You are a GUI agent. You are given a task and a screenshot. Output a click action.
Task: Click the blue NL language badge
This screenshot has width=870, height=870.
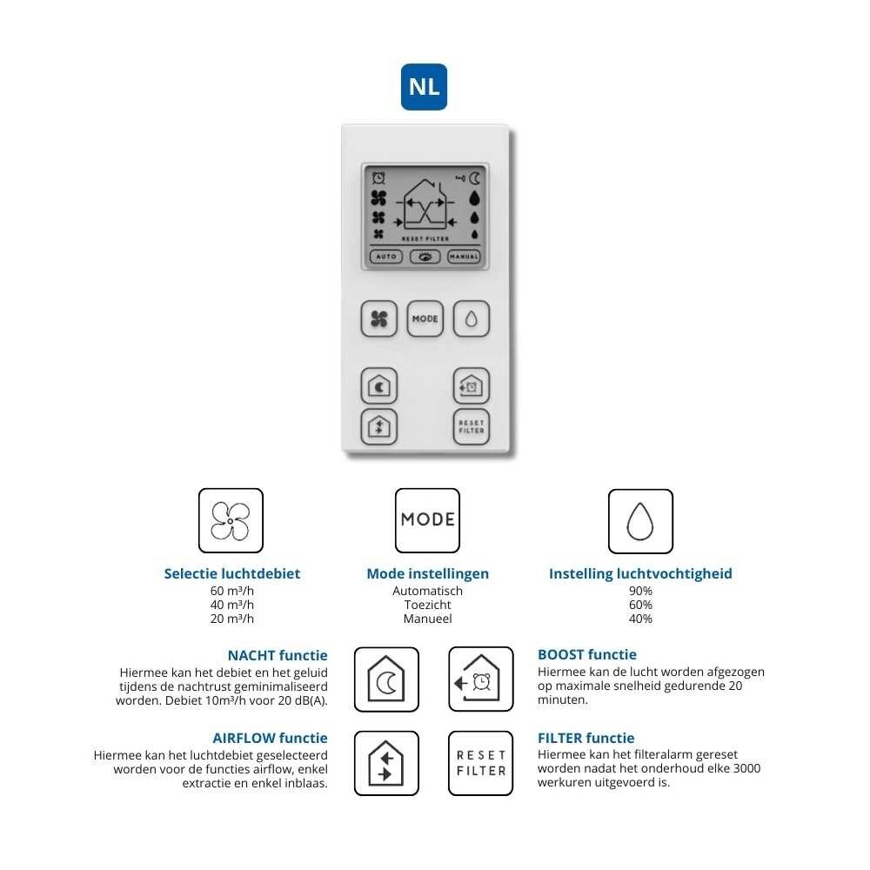click(424, 87)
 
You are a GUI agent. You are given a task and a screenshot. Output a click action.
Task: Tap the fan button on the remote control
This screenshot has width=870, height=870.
click(378, 319)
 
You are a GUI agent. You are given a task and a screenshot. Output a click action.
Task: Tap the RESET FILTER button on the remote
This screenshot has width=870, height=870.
click(471, 426)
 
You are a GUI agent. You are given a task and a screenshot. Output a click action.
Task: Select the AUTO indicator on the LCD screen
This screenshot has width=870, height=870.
click(385, 257)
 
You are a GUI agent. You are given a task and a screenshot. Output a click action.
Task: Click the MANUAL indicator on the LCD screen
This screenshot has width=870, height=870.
click(464, 257)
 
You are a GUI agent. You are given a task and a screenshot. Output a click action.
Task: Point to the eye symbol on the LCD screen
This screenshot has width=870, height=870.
click(425, 257)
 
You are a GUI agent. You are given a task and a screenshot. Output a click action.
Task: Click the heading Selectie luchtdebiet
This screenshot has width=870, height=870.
click(231, 573)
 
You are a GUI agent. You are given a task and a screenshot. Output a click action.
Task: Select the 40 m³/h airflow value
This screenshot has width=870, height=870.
click(231, 605)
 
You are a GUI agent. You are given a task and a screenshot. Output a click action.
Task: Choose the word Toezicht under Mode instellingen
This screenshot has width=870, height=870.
click(427, 605)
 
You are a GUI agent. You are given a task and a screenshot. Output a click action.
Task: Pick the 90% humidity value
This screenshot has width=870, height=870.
click(640, 591)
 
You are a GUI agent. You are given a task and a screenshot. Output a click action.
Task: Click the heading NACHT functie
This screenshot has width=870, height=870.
click(278, 655)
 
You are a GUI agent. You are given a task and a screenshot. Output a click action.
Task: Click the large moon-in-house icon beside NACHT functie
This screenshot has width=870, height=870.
click(386, 679)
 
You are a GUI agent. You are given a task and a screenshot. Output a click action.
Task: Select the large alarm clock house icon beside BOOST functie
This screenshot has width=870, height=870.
click(480, 679)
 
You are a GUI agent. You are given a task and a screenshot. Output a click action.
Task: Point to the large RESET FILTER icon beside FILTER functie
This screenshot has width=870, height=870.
click(480, 763)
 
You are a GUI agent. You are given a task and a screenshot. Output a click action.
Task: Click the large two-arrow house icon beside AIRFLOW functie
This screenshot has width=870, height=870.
click(386, 763)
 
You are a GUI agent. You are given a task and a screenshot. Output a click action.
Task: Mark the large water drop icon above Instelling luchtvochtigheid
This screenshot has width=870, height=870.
click(640, 521)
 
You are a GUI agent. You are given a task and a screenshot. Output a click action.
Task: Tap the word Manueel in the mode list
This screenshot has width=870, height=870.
click(427, 619)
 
